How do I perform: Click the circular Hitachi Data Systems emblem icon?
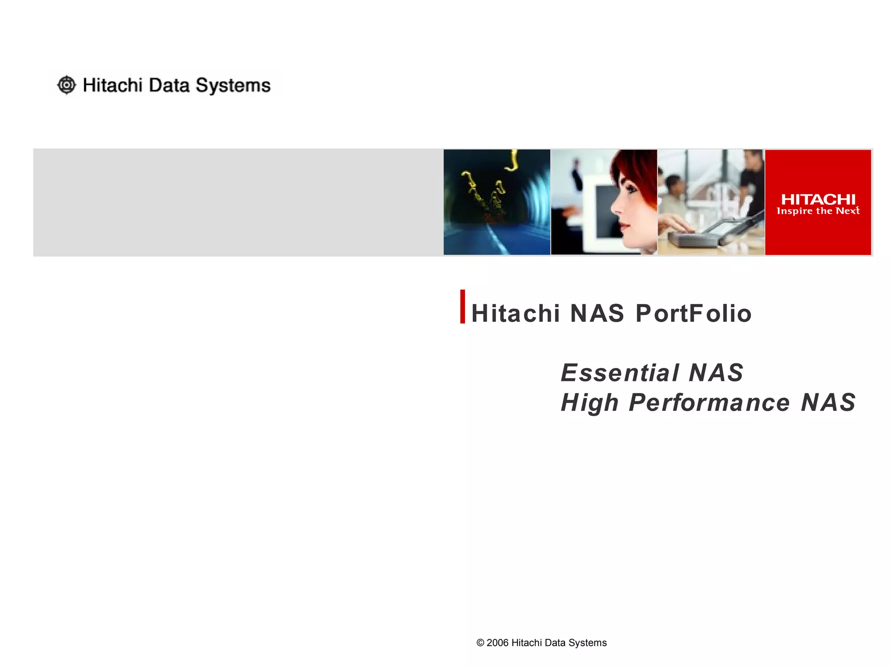[66, 85]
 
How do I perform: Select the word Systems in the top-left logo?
[233, 86]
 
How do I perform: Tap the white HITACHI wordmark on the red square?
[818, 200]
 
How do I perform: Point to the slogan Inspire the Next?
[818, 211]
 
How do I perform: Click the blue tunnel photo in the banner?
[496, 202]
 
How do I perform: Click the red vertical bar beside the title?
[462, 307]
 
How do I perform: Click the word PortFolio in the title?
[694, 314]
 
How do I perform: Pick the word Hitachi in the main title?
[515, 314]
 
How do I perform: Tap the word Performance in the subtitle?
[709, 403]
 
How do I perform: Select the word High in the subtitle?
[590, 403]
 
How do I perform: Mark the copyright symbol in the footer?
[480, 643]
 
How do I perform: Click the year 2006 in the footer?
[497, 643]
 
